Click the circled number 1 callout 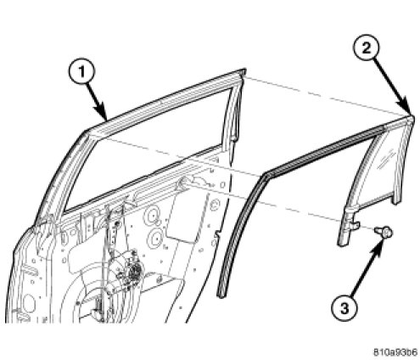point(81,72)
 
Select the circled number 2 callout point(367,48)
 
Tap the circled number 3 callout point(344,308)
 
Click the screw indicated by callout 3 point(384,232)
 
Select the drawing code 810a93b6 point(395,352)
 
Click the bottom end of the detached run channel point(221,295)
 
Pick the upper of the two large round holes point(153,216)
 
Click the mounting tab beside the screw point(355,225)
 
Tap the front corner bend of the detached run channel point(266,176)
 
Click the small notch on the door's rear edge point(217,233)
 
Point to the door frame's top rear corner point(243,71)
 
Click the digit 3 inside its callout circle point(344,308)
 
